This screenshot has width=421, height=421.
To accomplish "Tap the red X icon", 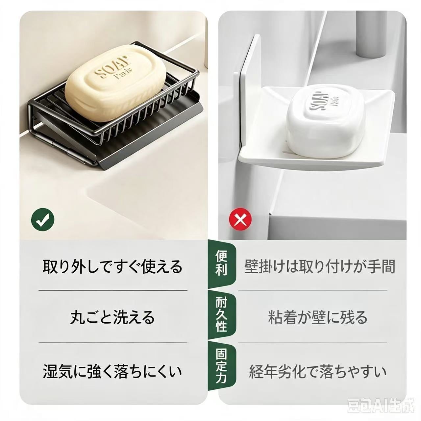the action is pos(240,219).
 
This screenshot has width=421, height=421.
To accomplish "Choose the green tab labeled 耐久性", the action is pos(221,314).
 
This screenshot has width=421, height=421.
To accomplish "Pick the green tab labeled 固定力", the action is pos(221,365).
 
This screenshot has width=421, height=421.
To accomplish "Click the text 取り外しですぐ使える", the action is pos(112,266).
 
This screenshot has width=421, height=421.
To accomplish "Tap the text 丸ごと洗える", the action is pos(112,317).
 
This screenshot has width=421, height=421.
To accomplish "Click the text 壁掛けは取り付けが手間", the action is pos(320,266).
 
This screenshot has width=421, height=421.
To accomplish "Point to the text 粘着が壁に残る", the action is pos(318,317).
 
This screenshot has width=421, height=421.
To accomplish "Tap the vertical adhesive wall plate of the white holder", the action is pos(250,92).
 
